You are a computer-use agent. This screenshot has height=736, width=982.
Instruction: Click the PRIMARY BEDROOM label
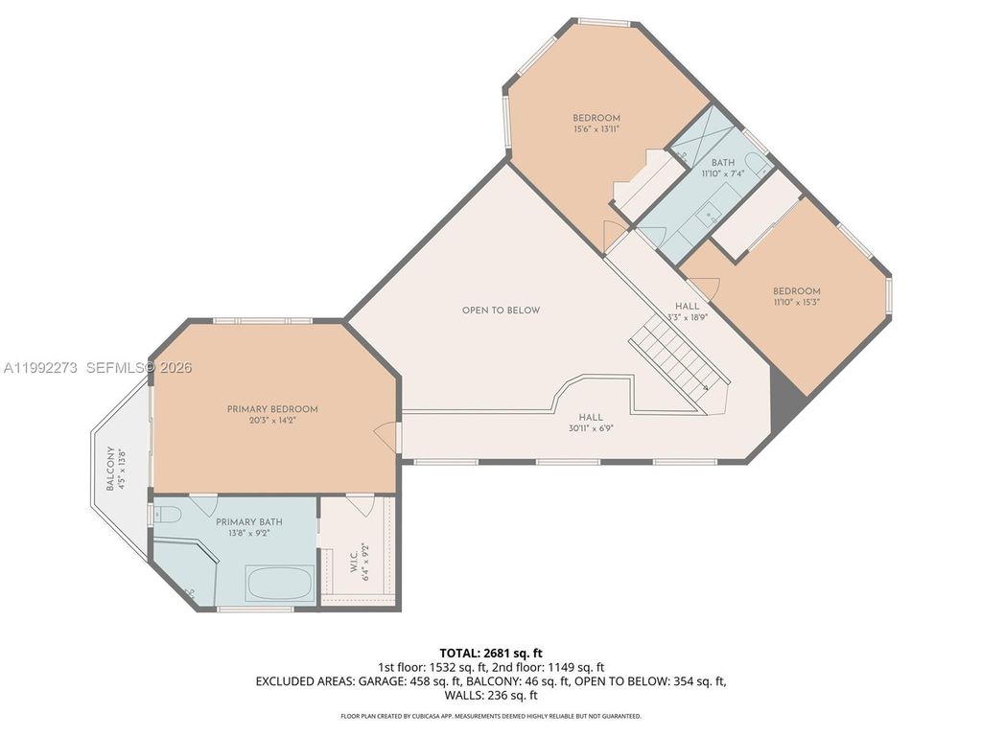[272, 409]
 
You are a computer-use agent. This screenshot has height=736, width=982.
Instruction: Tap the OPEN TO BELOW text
[501, 310]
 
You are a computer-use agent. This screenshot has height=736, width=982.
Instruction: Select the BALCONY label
[110, 469]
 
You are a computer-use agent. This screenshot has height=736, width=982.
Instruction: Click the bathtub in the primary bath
[280, 582]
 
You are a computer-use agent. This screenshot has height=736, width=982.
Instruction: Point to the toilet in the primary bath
[168, 515]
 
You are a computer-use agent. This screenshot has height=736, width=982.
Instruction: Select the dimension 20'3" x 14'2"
[272, 421]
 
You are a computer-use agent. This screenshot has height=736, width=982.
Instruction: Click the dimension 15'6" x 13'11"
[596, 129]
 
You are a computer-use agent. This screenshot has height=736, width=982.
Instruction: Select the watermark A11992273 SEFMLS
[96, 368]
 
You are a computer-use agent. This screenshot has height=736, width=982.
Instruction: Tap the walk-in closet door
[361, 503]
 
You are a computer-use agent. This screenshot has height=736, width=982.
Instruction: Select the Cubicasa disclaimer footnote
[491, 716]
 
